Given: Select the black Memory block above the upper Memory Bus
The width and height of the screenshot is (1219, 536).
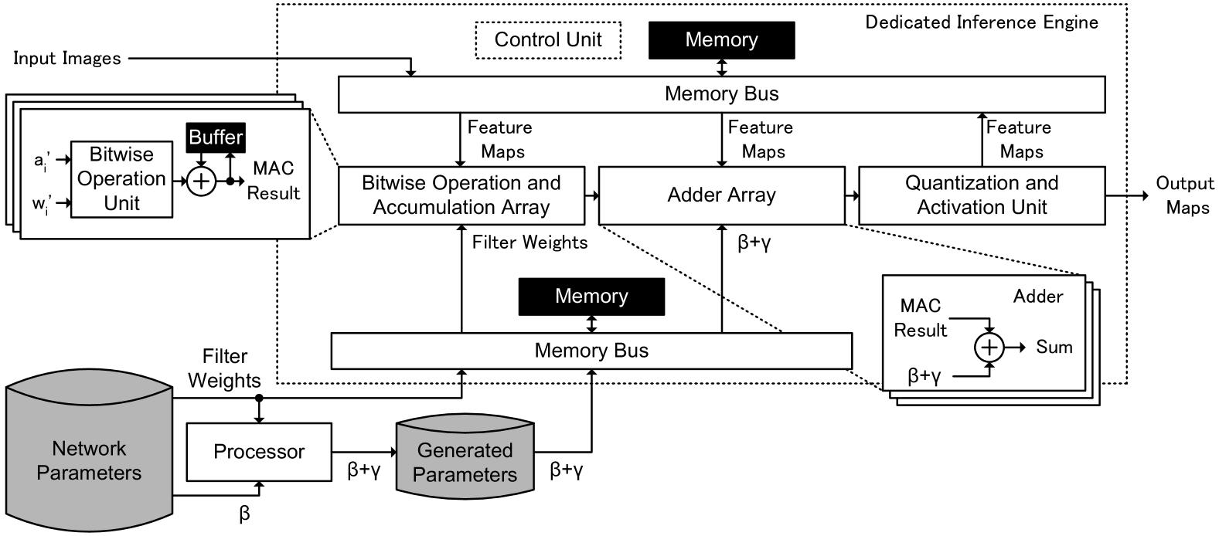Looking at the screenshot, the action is click(x=722, y=39).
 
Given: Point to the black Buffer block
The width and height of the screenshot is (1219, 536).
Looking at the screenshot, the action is click(x=216, y=137).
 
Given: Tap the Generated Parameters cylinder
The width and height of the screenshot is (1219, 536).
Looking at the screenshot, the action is click(x=465, y=456).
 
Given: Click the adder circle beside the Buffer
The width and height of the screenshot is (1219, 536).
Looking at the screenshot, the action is click(x=201, y=181).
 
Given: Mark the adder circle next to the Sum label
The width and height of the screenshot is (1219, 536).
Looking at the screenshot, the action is click(x=989, y=348).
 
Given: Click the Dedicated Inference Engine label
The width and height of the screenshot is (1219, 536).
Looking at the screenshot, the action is click(x=982, y=22).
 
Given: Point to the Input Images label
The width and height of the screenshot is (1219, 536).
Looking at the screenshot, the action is click(x=67, y=58).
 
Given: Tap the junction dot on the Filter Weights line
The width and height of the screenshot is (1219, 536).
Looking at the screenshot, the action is click(x=259, y=398).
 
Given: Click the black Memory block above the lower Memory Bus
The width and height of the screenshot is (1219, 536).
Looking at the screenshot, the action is click(x=591, y=297).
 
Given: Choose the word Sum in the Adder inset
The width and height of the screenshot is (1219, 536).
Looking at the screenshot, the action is click(x=1054, y=348).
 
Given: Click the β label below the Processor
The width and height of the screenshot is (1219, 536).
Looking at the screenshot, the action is click(x=244, y=514).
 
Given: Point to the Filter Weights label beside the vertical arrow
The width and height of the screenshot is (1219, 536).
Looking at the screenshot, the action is click(x=529, y=243).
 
